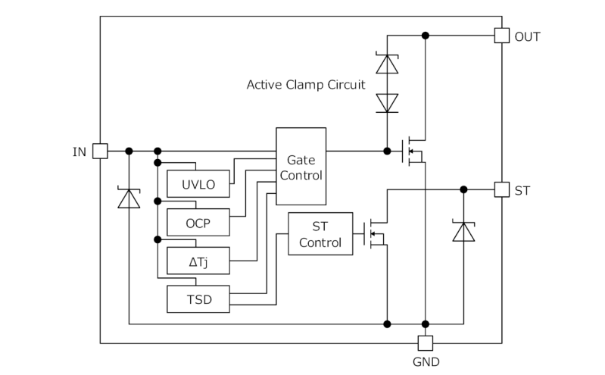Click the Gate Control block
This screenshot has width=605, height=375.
[301, 166]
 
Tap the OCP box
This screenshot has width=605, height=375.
[198, 223]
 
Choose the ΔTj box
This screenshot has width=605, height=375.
[198, 262]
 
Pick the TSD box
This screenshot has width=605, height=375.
[198, 299]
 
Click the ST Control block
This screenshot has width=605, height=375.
[320, 235]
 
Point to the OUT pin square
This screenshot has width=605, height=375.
[501, 36]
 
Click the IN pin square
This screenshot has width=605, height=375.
[100, 151]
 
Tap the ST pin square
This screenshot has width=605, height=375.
[501, 189]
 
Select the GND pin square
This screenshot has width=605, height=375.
[426, 342]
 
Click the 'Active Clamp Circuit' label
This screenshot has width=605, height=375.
[305, 84]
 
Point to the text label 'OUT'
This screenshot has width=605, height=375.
[527, 36]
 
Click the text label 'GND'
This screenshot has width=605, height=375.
[426, 362]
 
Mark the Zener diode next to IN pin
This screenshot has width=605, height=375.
[129, 198]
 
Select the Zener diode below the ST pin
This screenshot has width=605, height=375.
[463, 230]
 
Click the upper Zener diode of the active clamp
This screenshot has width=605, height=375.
[387, 63]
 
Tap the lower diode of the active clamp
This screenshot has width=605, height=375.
[387, 102]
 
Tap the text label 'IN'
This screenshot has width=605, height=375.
[80, 152]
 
